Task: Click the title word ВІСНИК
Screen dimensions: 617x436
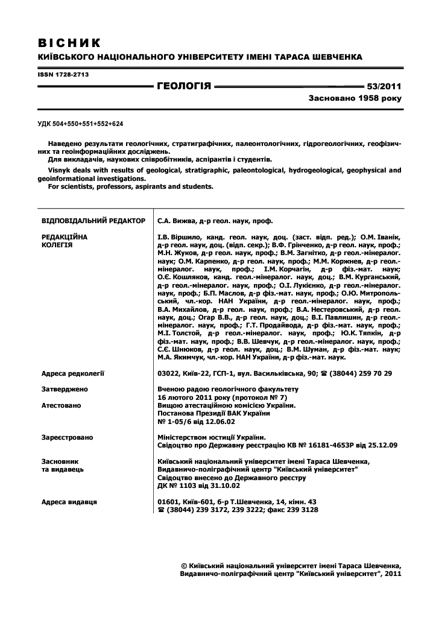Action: point(69,43)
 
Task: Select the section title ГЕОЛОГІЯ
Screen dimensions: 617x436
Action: point(184,86)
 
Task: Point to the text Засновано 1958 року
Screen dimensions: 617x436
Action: point(355,97)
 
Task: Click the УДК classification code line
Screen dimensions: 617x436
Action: point(80,123)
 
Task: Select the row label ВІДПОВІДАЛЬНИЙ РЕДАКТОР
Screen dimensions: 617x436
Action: point(93,221)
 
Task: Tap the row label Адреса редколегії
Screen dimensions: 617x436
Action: point(73,373)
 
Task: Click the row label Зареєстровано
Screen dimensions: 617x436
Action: point(67,437)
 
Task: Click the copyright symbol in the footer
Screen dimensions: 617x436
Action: point(184,566)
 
